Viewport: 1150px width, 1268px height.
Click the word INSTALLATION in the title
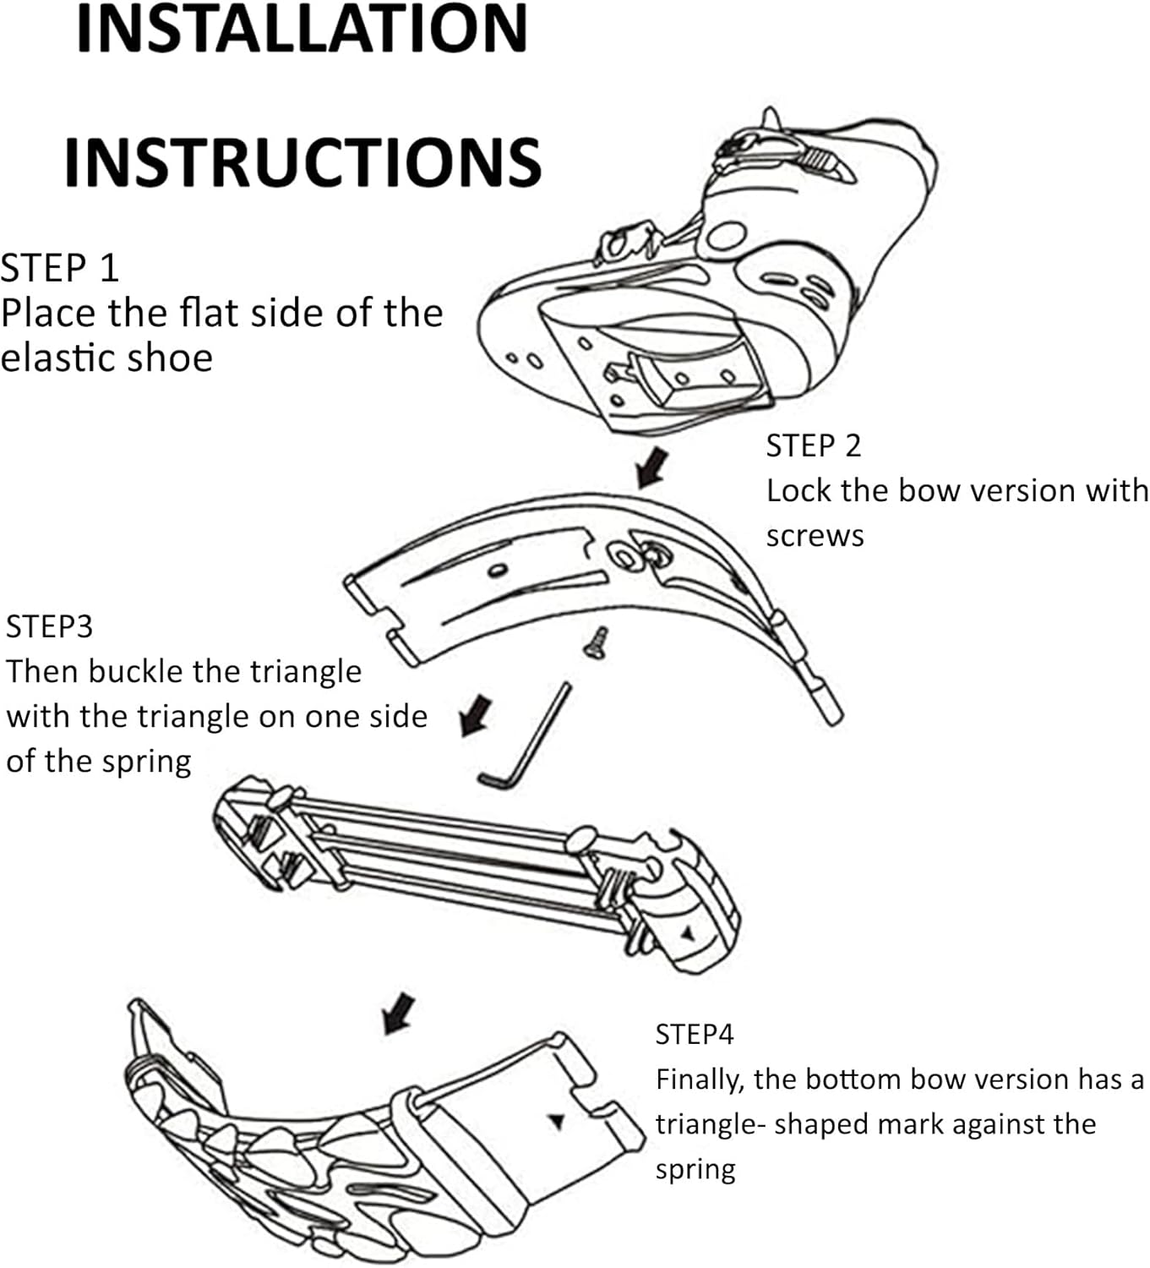coord(302,29)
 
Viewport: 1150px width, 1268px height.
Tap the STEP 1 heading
coord(60,268)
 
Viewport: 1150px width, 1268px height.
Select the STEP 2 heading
coord(813,445)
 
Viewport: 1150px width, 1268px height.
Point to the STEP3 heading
coord(49,626)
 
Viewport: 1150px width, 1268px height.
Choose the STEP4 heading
coord(695,1034)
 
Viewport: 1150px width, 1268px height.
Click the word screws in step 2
coord(815,536)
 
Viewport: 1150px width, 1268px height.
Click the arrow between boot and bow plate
coord(651,467)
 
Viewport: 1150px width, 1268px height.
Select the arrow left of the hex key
coord(475,714)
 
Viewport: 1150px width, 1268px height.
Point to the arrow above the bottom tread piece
coord(399,1012)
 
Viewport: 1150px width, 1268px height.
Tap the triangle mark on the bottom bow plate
coord(556,1121)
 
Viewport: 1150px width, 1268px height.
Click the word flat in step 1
coord(203,313)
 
